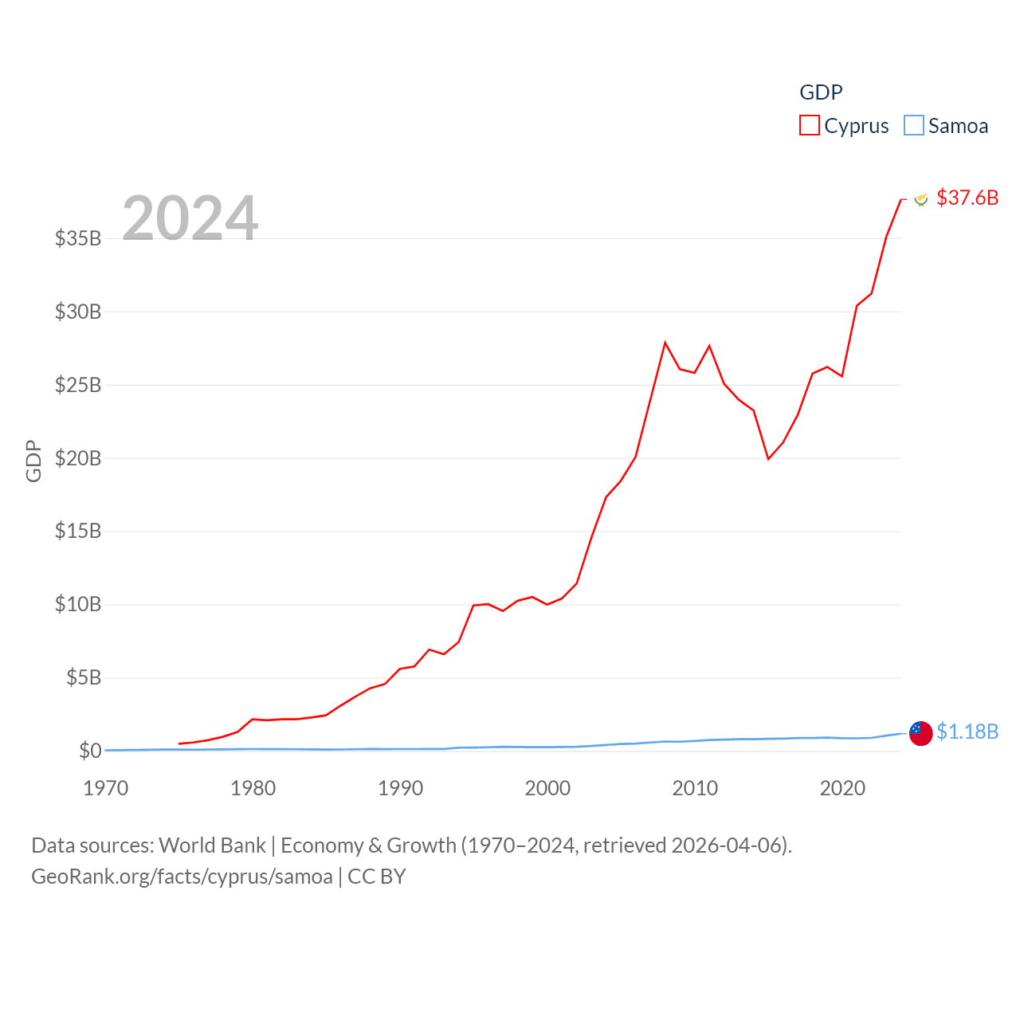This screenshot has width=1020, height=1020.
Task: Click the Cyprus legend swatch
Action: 809,126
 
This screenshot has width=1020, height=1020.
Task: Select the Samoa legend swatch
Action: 913,126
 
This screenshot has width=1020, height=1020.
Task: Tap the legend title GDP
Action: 821,92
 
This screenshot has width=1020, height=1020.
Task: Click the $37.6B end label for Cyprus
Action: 967,198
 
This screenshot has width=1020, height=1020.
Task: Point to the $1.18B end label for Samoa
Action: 967,732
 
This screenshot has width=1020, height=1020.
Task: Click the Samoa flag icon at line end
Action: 921,733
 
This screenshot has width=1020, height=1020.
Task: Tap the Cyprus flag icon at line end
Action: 921,198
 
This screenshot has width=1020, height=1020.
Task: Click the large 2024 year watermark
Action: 190,218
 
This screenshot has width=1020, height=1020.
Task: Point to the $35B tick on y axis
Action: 78,238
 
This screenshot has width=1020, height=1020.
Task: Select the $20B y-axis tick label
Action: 78,458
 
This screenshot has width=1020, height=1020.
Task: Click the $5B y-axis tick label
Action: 84,678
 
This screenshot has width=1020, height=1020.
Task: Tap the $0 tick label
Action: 90,751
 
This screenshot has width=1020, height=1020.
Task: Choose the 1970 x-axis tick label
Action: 106,788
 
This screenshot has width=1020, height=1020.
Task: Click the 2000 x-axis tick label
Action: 547,788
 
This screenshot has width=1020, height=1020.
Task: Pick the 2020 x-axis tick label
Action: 842,788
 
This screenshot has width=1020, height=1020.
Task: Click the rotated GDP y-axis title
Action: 33,461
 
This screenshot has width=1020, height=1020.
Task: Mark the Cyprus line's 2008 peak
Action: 665,343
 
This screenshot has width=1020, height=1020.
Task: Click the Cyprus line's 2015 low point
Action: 768,459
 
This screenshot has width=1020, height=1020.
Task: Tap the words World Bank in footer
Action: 212,845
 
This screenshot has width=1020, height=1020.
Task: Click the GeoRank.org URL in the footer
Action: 182,877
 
